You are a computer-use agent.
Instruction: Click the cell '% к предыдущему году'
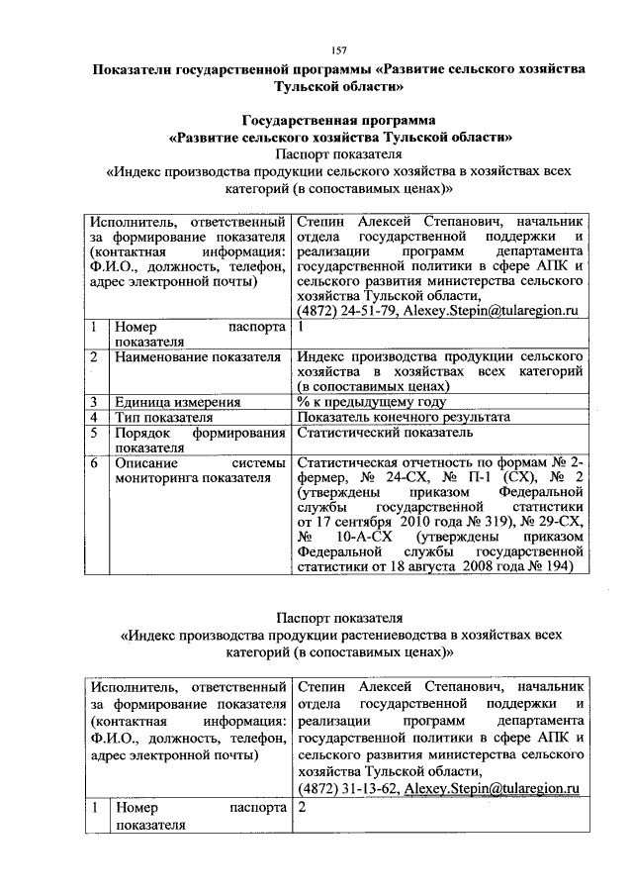click(371, 402)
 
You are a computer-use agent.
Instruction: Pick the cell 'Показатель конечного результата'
click(404, 417)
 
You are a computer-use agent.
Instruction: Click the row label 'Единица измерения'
click(178, 402)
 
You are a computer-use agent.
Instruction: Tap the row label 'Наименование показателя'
click(199, 354)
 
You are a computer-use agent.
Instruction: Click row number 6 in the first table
click(92, 462)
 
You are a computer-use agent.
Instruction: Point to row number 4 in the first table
click(92, 417)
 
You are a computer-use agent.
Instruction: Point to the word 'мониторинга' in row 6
click(158, 477)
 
